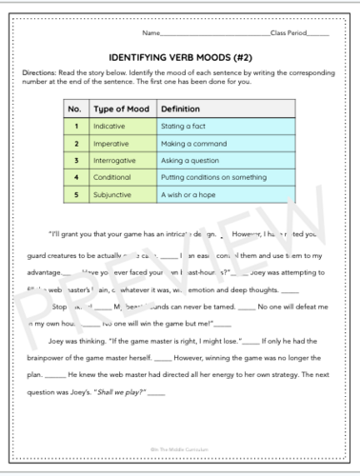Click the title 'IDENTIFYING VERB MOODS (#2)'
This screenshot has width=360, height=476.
(x=180, y=56)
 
